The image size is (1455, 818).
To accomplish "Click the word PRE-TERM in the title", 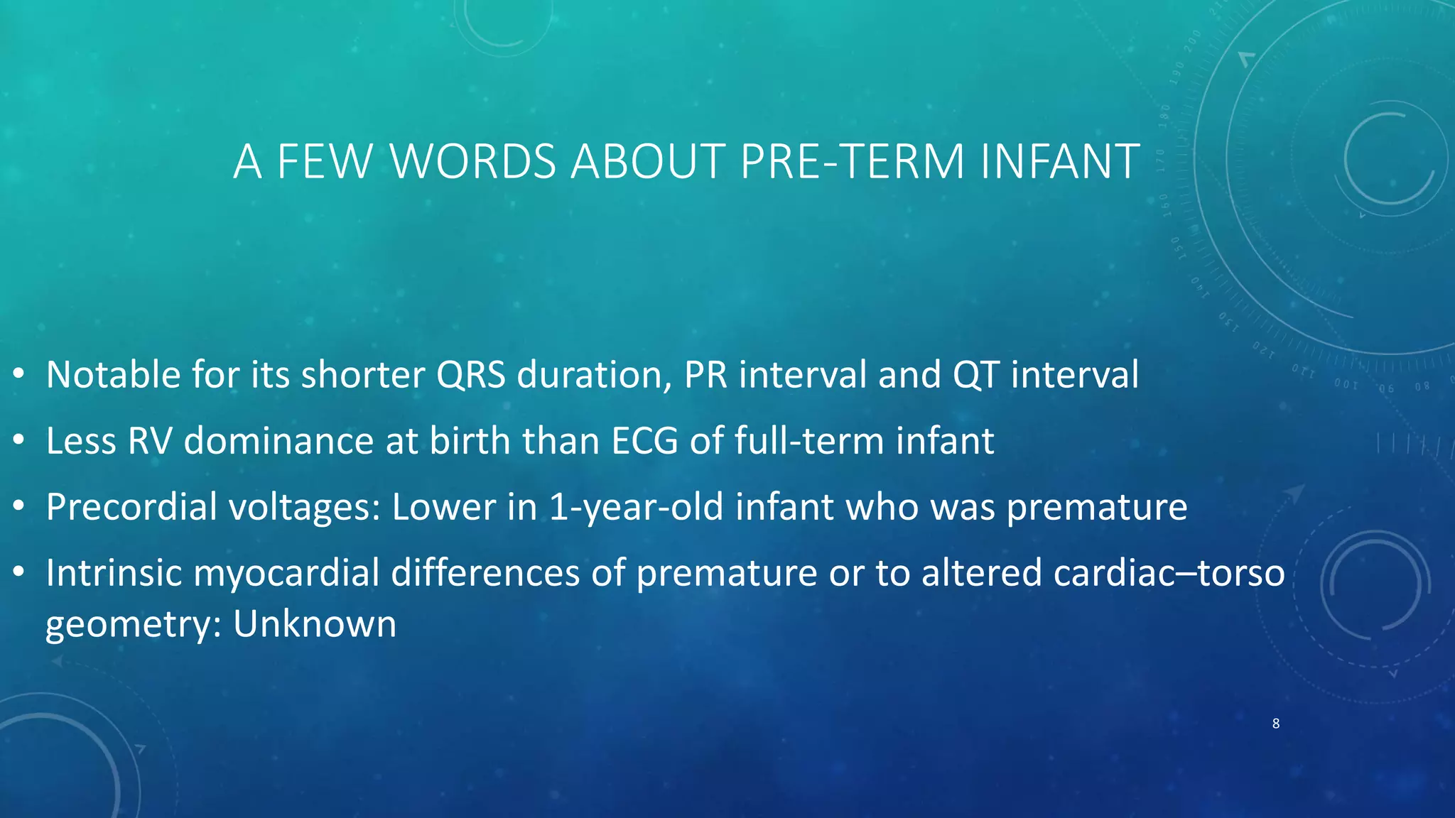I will pyautogui.click(x=852, y=161).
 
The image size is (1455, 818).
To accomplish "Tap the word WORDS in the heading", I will pyautogui.click(x=473, y=161).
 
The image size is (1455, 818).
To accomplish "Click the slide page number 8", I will pyautogui.click(x=1276, y=724).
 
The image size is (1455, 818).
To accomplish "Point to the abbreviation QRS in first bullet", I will pyautogui.click(x=470, y=375).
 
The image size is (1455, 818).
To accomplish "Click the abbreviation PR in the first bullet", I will pyautogui.click(x=705, y=375).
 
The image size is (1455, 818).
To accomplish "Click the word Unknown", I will pyautogui.click(x=315, y=624).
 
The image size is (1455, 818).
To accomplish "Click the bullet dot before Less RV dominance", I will pyautogui.click(x=19, y=441).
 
